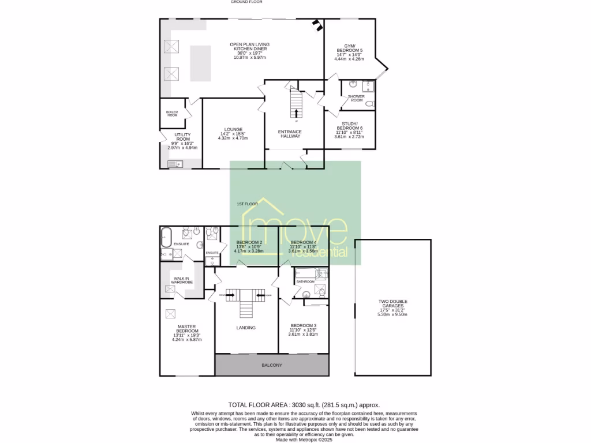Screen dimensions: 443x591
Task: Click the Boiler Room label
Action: [x=172, y=114]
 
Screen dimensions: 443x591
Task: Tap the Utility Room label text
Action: [x=182, y=139]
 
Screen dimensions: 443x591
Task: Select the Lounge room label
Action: [x=234, y=129]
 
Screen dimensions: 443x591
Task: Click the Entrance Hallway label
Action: [x=291, y=134]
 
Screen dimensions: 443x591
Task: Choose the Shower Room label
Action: [x=356, y=98]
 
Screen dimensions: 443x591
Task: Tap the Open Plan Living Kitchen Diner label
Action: [x=249, y=47]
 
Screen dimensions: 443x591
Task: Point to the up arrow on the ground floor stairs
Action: [x=297, y=112]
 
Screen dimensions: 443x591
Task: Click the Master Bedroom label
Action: [x=188, y=328]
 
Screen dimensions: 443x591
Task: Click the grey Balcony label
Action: [x=272, y=365]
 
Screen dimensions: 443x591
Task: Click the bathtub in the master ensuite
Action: [x=166, y=235]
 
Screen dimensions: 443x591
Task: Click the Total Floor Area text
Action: [x=304, y=406]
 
